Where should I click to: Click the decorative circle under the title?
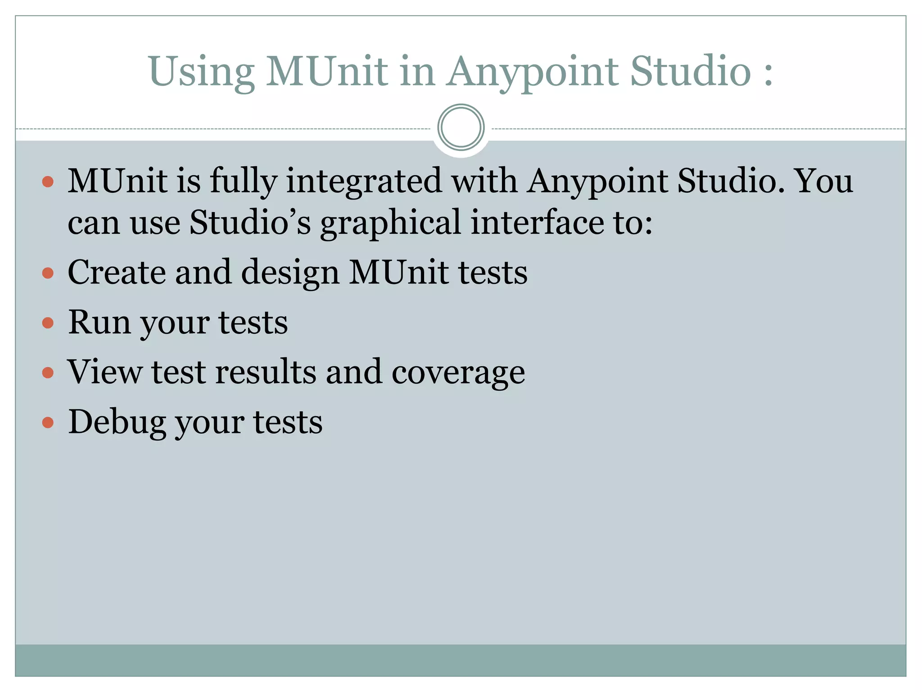(461, 127)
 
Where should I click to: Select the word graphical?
(391, 223)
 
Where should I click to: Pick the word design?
(290, 273)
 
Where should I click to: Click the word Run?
(99, 322)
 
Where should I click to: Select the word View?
(104, 372)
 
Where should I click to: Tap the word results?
(266, 372)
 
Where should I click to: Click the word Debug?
(117, 423)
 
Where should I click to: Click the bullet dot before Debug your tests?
(48, 423)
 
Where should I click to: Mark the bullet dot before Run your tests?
(48, 323)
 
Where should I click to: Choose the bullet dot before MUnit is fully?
(48, 182)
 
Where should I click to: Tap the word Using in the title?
(201, 72)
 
